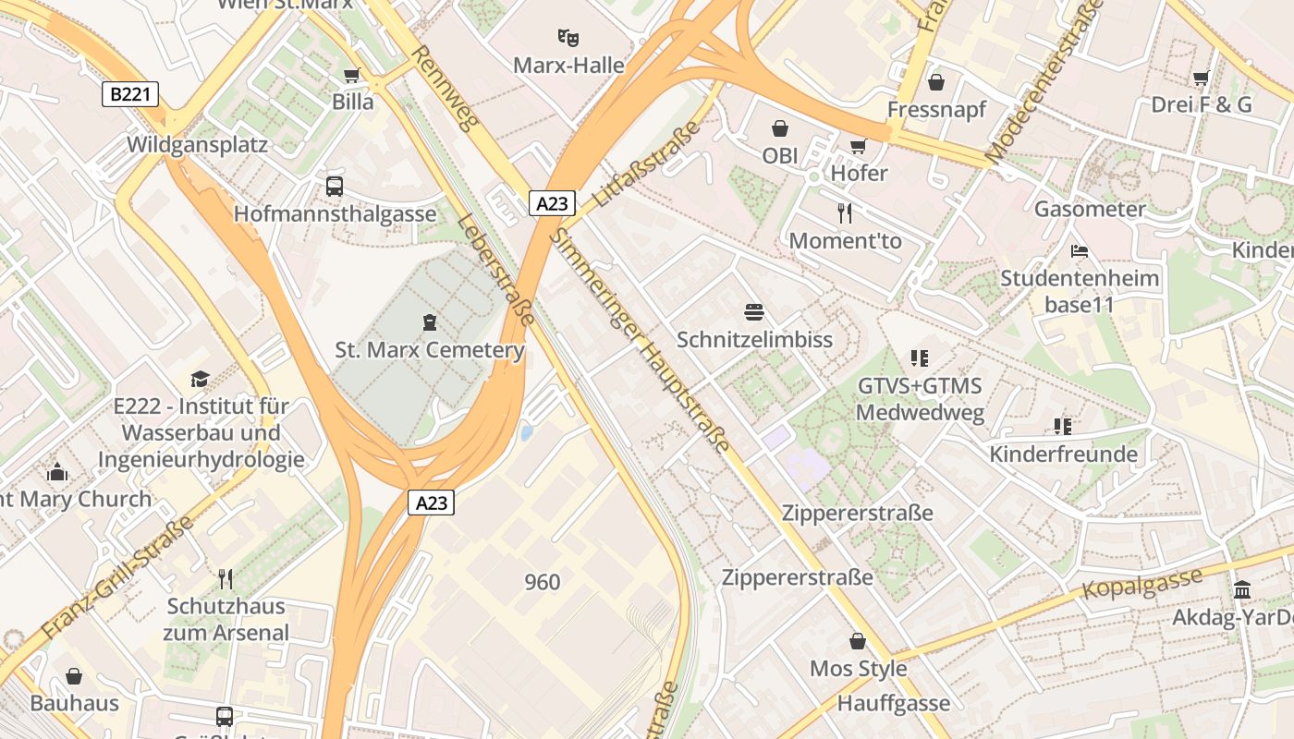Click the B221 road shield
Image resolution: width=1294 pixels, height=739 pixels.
(x=129, y=94)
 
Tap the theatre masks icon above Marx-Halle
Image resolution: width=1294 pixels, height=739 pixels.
(x=568, y=38)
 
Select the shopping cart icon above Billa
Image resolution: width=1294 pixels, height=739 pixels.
(x=351, y=76)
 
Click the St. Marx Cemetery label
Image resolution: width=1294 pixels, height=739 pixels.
(x=430, y=350)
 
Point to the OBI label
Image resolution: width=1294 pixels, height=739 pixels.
(x=779, y=155)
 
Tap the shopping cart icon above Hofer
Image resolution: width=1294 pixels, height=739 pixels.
(x=859, y=146)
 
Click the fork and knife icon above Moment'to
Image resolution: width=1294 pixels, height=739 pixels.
(x=845, y=213)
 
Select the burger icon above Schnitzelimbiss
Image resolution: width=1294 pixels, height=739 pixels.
(x=754, y=312)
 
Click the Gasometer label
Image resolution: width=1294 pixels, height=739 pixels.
(x=1090, y=209)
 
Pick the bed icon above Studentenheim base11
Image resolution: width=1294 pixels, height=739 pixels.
(x=1079, y=250)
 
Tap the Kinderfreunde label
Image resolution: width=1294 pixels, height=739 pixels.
(x=1063, y=454)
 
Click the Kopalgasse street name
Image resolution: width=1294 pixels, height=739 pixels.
(x=1142, y=582)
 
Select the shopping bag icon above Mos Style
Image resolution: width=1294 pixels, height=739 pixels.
(x=858, y=641)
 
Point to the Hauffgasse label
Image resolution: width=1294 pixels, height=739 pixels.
(x=893, y=703)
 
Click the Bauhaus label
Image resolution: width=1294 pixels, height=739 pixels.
(x=75, y=703)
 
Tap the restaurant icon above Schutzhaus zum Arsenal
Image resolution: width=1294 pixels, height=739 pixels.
(x=226, y=579)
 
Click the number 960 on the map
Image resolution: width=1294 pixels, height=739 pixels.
(x=543, y=582)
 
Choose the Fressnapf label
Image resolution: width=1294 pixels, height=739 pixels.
(x=936, y=109)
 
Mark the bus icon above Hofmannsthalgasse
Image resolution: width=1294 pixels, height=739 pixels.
(x=335, y=187)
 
